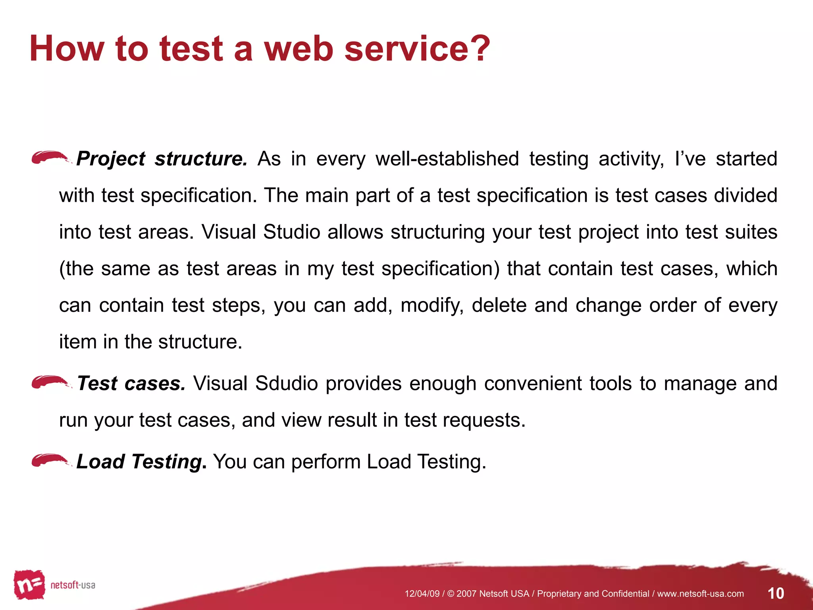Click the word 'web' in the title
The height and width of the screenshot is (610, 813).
tap(298, 48)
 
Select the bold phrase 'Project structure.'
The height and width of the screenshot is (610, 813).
tap(162, 159)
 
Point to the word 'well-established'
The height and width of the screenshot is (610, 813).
tap(447, 159)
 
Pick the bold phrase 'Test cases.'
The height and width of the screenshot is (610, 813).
tap(131, 384)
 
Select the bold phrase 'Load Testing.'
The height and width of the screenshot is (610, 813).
tap(141, 462)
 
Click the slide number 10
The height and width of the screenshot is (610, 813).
tap(776, 593)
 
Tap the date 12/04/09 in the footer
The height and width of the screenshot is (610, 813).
tap(422, 594)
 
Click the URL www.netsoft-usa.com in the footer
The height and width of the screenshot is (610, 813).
tap(700, 594)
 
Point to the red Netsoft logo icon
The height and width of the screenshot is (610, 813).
tap(29, 585)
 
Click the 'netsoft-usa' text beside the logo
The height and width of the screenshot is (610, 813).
tap(73, 585)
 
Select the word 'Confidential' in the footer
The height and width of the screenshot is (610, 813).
tap(625, 594)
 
